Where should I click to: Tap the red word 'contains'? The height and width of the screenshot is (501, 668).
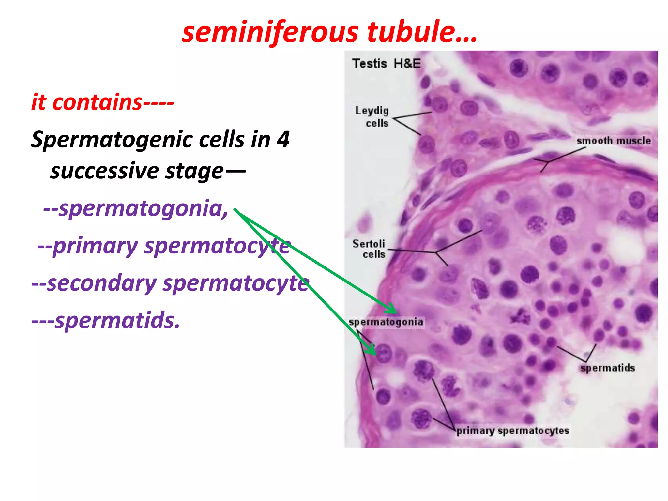[x=97, y=102]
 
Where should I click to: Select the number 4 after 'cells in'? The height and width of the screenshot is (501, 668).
[x=283, y=140]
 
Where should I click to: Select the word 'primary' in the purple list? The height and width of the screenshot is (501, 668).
[x=95, y=247]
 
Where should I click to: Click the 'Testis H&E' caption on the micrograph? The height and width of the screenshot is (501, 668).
[x=386, y=64]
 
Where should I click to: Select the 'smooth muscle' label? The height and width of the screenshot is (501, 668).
[x=613, y=141]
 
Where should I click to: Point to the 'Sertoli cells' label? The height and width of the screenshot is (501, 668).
[x=369, y=249]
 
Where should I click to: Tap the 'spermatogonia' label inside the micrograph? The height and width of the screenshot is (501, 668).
[x=386, y=322]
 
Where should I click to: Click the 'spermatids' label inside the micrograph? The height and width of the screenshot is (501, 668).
[x=607, y=368]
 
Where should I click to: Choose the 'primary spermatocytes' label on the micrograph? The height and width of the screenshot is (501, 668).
[x=513, y=431]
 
